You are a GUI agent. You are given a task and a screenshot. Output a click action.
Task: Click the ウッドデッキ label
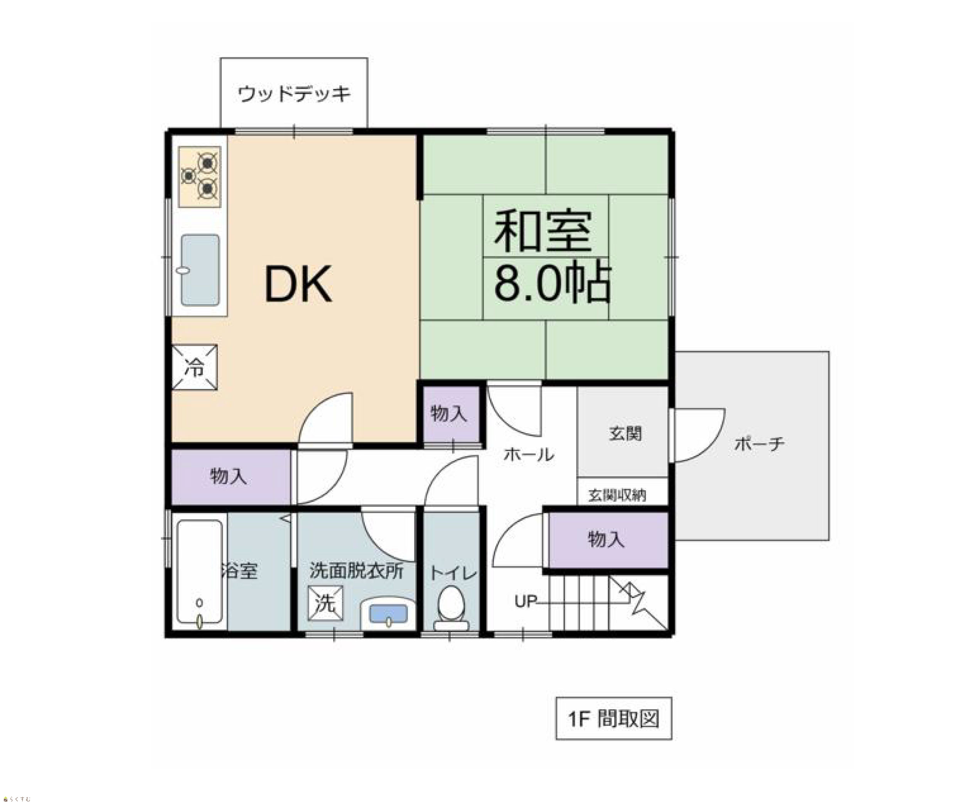coord(294,94)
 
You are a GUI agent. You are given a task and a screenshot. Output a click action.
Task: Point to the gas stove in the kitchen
coord(200,177)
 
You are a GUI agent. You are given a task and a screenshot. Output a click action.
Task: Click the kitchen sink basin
coord(200,270)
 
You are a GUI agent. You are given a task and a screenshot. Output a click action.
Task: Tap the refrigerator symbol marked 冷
coord(195,367)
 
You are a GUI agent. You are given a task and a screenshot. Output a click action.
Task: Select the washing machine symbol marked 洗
coord(325,603)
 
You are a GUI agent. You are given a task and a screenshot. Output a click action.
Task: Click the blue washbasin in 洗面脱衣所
coord(388,613)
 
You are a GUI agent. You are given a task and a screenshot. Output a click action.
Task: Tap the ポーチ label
coord(759,444)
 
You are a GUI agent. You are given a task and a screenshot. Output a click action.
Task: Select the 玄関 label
coord(625,433)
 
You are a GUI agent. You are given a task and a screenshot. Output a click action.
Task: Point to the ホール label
coord(529,455)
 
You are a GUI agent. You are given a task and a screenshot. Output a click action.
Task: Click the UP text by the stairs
coord(526,601)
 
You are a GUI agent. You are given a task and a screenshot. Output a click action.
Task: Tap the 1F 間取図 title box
coord(614,719)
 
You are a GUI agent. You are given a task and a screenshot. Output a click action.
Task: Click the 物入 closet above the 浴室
coord(231,477)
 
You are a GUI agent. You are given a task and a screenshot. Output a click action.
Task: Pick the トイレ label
coord(453,574)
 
